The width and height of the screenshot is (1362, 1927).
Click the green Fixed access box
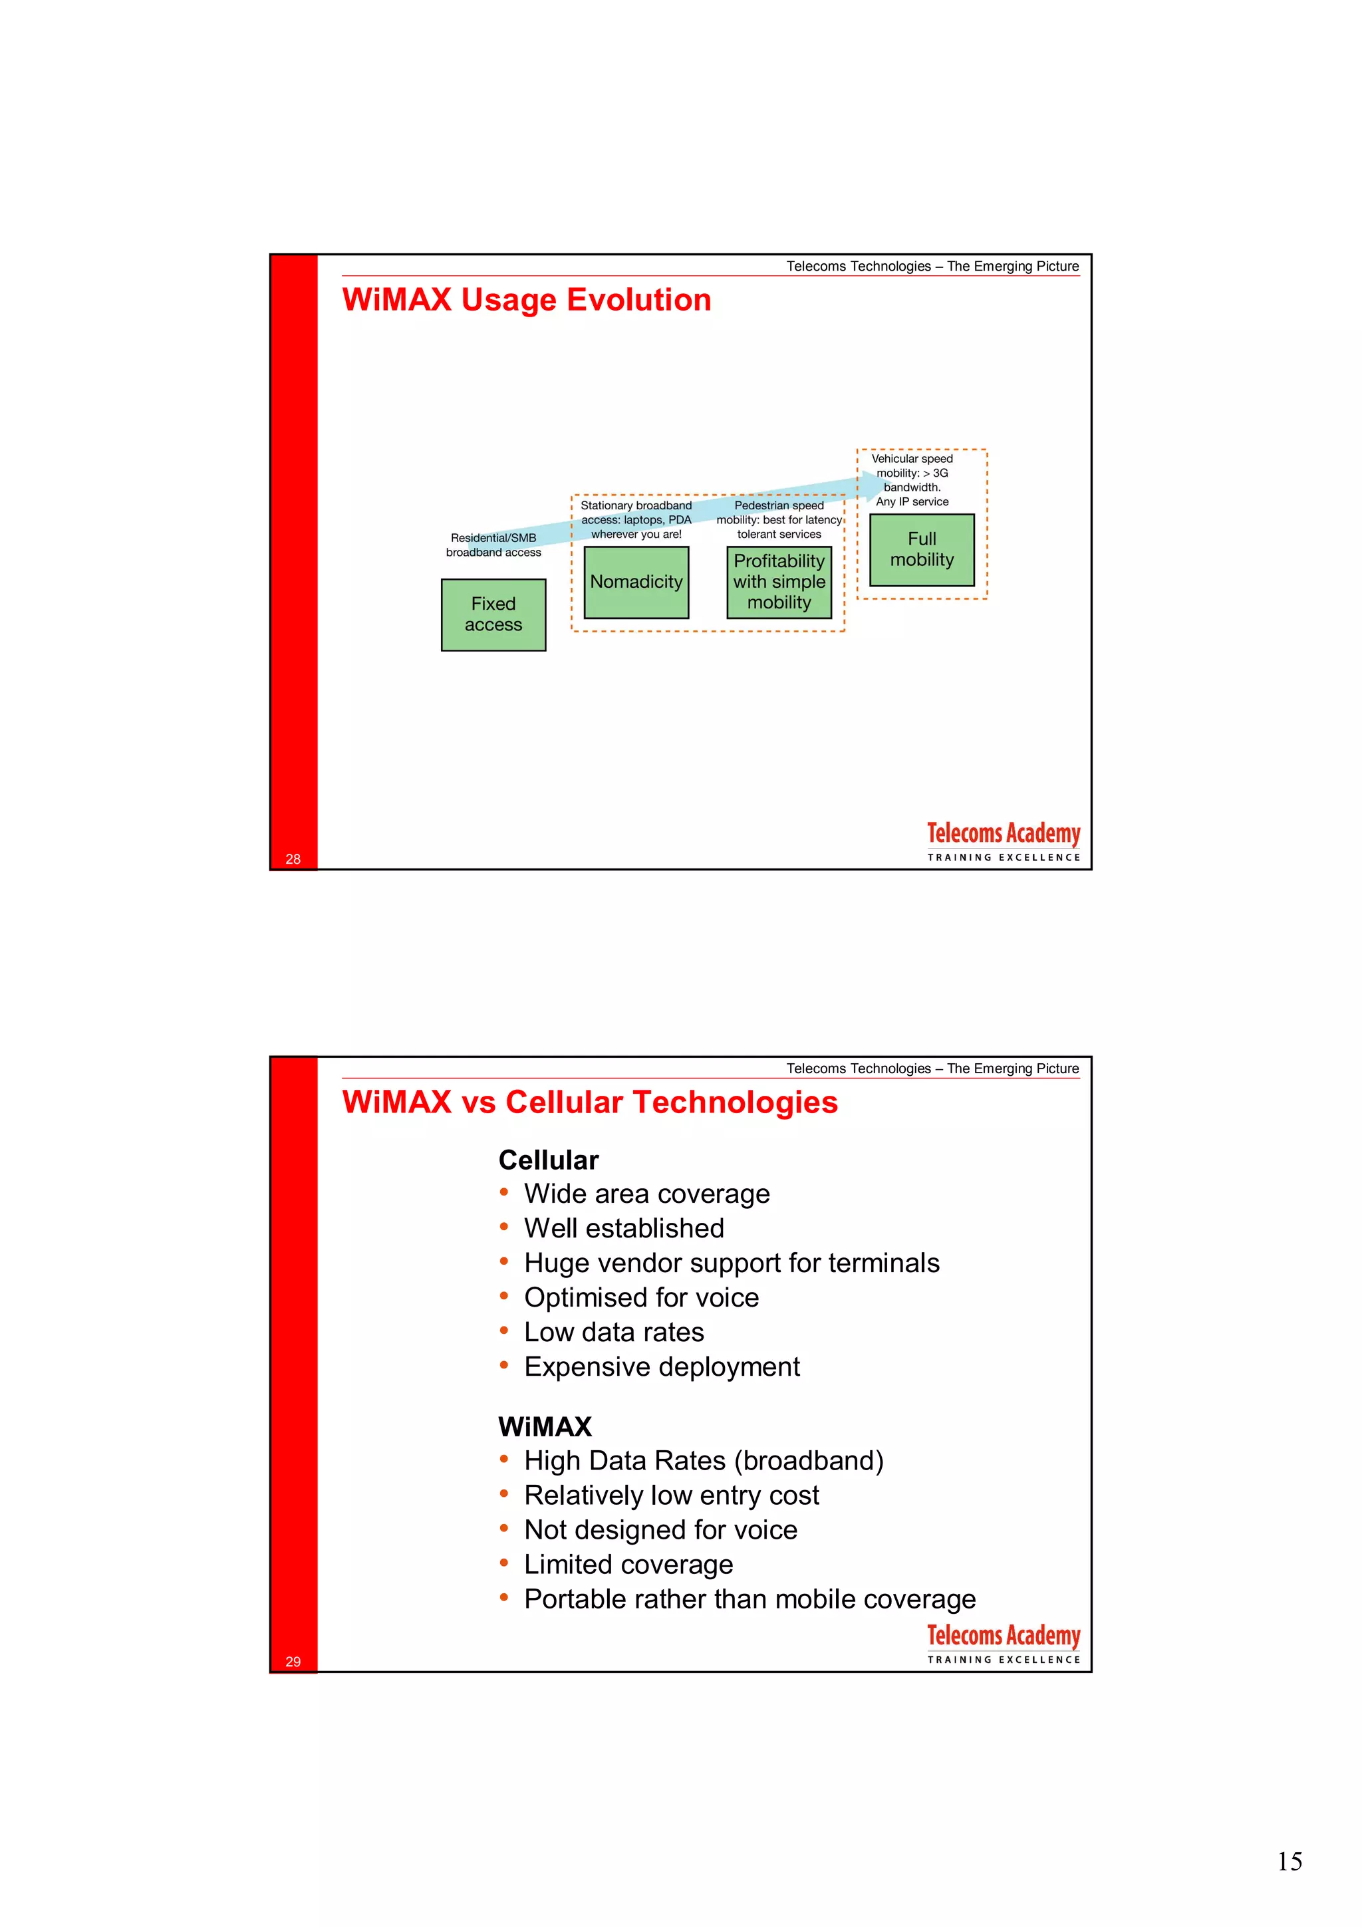tap(493, 614)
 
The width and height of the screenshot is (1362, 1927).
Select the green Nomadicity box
tap(636, 582)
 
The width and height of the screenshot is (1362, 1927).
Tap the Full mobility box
tap(922, 550)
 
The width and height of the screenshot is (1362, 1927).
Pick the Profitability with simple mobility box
tap(779, 582)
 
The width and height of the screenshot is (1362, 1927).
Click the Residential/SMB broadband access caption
tap(493, 545)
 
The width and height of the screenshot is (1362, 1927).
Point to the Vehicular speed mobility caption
tap(912, 480)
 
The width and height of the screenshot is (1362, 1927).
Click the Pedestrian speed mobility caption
tap(779, 519)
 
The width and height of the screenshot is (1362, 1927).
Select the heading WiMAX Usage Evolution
tap(526, 301)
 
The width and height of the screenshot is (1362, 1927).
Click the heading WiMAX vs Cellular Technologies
tap(589, 1102)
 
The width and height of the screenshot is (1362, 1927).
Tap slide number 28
tap(293, 858)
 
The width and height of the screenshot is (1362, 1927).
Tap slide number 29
tap(293, 1661)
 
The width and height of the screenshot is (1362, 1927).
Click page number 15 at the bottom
tap(1289, 1862)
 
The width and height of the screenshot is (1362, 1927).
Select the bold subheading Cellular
tap(548, 1160)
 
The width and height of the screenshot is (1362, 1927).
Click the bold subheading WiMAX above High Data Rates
tap(545, 1427)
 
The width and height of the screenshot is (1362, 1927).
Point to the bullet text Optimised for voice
tap(641, 1297)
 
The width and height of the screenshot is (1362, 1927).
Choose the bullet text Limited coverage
tap(628, 1565)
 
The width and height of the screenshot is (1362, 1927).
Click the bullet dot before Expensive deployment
tap(503, 1364)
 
